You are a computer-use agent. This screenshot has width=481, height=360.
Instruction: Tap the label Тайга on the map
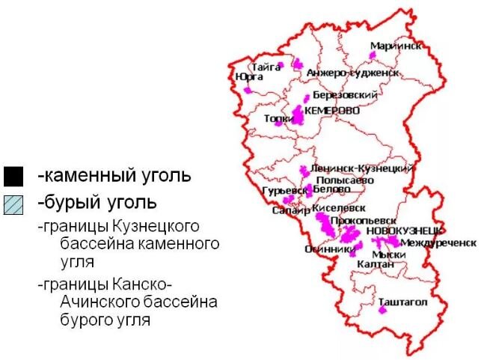(266, 67)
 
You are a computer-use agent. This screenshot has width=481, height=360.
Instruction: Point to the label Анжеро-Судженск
(352, 73)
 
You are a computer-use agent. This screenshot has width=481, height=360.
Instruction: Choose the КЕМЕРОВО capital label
(332, 111)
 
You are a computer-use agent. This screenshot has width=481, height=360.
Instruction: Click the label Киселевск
(339, 207)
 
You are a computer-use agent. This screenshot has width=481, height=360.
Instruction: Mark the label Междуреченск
(438, 243)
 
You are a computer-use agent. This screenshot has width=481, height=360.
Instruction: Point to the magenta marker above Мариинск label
(373, 54)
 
